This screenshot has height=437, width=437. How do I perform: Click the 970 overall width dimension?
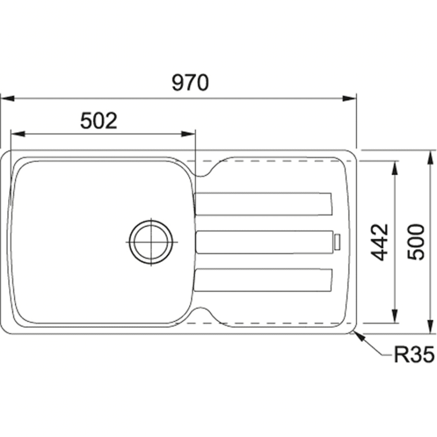point(190,83)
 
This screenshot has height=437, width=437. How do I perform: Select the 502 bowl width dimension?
point(99,121)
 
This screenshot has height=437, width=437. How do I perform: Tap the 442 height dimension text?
point(379,242)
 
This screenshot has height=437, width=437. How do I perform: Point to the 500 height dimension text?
point(415,242)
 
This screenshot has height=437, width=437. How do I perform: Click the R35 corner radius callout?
point(414,354)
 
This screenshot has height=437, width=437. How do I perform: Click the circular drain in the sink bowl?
point(151,242)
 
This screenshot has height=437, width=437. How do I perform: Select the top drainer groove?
point(263,204)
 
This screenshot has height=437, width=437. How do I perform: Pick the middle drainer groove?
point(264,242)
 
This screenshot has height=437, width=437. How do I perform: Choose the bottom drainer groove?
point(263,280)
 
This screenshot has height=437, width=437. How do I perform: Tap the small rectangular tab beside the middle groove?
point(337,242)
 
